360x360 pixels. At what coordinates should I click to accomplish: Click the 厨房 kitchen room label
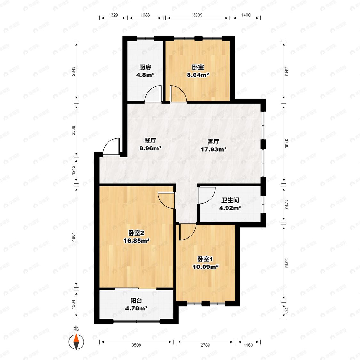pos(145,67)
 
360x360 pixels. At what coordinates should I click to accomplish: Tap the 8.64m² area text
pos(198,75)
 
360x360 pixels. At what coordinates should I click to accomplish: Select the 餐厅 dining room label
pos(150,140)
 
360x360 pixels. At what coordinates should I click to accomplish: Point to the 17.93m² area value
pos(213,149)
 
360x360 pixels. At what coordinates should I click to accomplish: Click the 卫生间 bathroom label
pos(230,200)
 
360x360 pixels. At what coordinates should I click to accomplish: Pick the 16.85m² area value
pos(137,241)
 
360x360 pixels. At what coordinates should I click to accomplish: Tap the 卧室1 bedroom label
pos(205,259)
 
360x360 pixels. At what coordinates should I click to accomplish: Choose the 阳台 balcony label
pos(136,300)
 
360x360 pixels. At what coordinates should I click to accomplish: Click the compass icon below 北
pos(76,342)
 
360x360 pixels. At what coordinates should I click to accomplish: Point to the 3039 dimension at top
pos(197,15)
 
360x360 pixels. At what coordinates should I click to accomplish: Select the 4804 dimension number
pos(74,237)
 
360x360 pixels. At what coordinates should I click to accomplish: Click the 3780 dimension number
pos(286,143)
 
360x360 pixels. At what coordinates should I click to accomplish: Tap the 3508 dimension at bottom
pos(136,345)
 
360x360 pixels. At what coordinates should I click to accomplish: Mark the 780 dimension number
pos(286,311)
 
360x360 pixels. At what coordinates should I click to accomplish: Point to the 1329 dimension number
pos(113,15)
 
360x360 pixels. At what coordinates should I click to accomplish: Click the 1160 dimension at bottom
pos(248,345)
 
